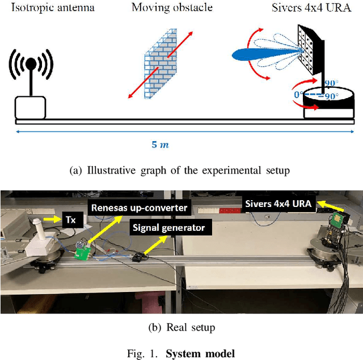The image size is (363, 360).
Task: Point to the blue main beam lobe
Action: (x=255, y=54)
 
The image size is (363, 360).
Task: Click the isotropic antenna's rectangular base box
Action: (x=30, y=107)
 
